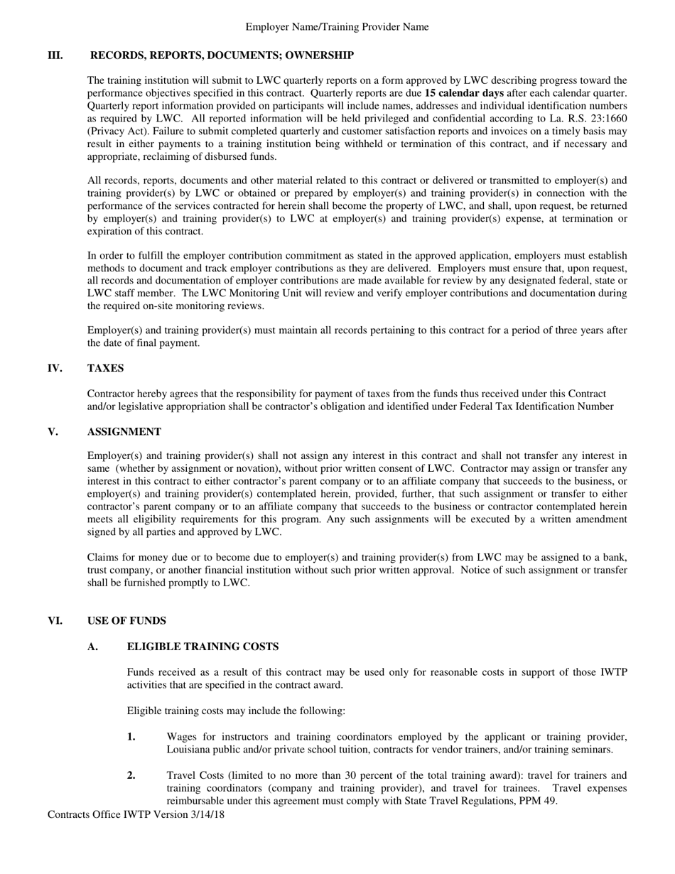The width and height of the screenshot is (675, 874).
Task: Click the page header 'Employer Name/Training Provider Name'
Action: pyautogui.click(x=337, y=27)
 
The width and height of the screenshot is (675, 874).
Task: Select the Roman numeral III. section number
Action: pyautogui.click(x=55, y=55)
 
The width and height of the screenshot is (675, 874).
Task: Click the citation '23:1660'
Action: pyautogui.click(x=606, y=119)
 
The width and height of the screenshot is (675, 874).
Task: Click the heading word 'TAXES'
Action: pyautogui.click(x=105, y=368)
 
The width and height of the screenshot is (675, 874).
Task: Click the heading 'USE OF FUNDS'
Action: pyautogui.click(x=126, y=620)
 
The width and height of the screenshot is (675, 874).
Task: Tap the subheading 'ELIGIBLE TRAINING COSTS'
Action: pyautogui.click(x=202, y=646)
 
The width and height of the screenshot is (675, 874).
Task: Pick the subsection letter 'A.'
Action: pyautogui.click(x=93, y=646)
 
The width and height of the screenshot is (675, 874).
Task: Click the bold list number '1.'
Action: pyautogui.click(x=131, y=737)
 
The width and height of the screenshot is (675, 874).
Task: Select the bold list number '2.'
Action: pyautogui.click(x=131, y=775)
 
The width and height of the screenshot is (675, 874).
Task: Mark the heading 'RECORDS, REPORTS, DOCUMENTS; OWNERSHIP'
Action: pyautogui.click(x=222, y=55)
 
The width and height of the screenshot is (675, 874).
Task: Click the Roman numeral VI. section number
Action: pyautogui.click(x=55, y=620)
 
